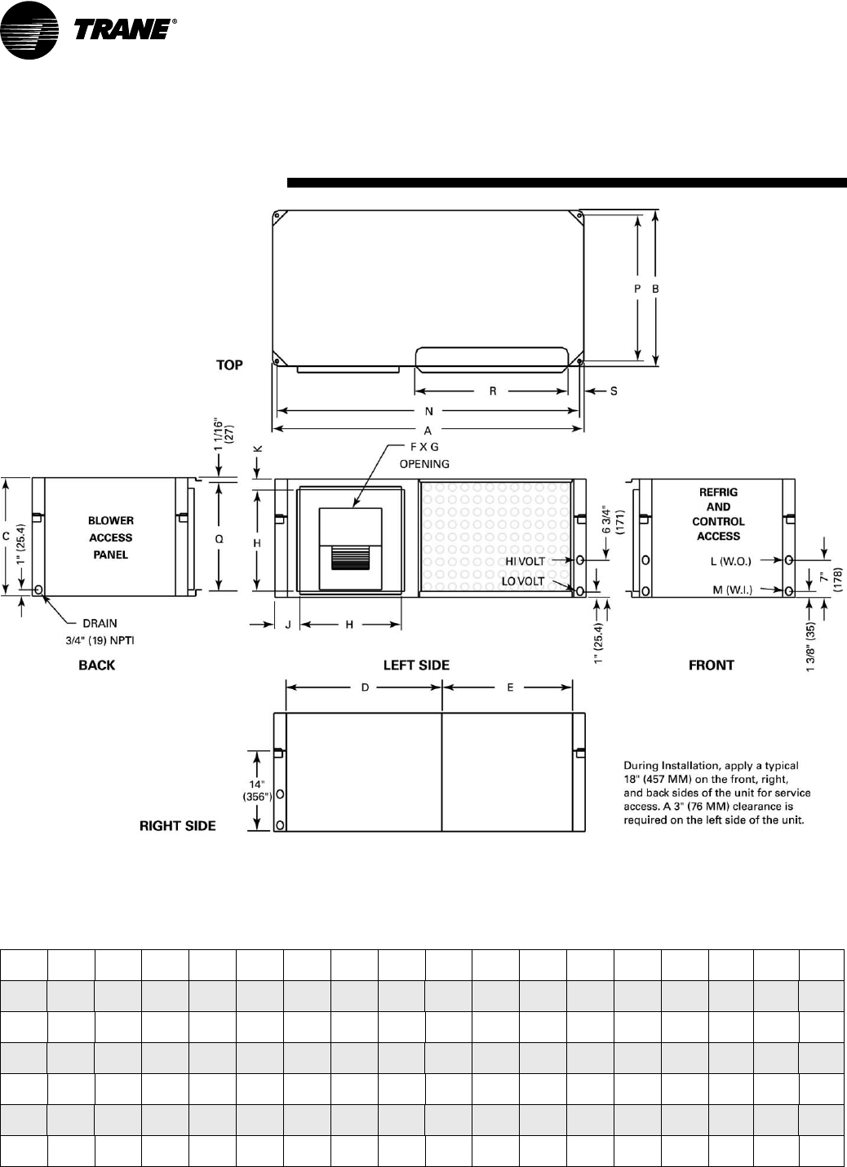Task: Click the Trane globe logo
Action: tap(29, 30)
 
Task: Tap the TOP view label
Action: tap(229, 365)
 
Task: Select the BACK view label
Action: tap(97, 665)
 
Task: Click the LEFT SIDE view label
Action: tap(416, 665)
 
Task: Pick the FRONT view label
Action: tap(712, 665)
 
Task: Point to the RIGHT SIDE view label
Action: tap(178, 826)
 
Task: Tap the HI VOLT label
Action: tap(525, 561)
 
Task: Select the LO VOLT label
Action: tap(523, 581)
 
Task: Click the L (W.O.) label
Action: tap(731, 561)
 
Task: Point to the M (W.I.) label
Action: tap(732, 590)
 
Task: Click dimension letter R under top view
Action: tap(493, 391)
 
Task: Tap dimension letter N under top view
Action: tap(429, 411)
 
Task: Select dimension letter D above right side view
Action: tap(365, 687)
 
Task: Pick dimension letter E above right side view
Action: tap(510, 687)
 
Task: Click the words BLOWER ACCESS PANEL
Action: tap(110, 537)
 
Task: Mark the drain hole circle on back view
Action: tap(38, 590)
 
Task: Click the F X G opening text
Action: tap(424, 455)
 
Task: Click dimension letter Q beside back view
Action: tap(219, 539)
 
